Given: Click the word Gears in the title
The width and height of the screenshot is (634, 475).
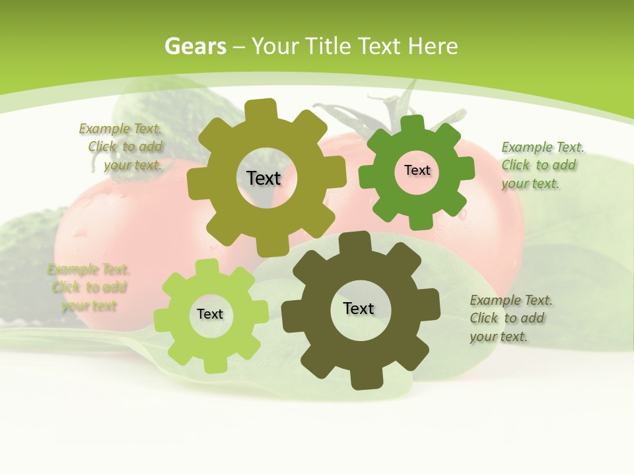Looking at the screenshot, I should point(195,46).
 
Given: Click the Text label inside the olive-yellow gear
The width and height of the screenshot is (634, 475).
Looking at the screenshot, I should point(264,178).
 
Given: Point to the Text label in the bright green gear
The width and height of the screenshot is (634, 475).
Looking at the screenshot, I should point(417,170).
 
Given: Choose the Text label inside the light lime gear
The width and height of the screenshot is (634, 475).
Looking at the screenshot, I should point(210,314).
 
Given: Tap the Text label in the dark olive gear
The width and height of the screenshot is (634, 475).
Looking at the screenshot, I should point(359,308).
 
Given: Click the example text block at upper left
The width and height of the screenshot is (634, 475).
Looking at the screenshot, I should point(123,147).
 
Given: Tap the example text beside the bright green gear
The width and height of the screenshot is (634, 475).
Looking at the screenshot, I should point(542,165).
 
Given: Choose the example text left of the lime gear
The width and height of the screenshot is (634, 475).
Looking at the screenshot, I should point(89,287).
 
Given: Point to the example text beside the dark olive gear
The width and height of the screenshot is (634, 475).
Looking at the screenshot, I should point(510,318).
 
